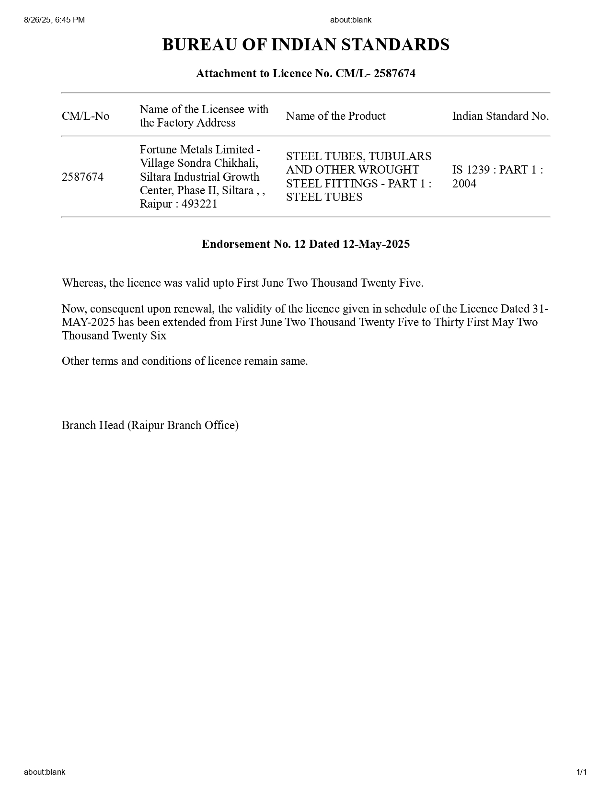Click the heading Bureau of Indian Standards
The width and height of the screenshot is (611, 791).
(x=305, y=45)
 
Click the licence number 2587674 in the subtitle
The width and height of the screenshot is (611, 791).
(x=394, y=73)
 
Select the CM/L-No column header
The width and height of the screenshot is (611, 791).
(x=85, y=116)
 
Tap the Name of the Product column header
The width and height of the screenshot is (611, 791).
(x=335, y=116)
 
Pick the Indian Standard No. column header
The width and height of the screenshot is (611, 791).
(x=500, y=116)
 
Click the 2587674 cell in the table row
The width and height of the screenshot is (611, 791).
(x=82, y=177)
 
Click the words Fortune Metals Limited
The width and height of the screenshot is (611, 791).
(x=196, y=150)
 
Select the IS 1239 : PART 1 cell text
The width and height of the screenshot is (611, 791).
(x=497, y=170)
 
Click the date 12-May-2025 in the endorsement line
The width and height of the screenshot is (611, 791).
(x=376, y=244)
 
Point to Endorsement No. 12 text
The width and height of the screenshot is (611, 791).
(x=253, y=244)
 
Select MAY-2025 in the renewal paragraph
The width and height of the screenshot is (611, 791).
(x=88, y=322)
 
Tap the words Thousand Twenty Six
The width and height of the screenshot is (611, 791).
(x=114, y=336)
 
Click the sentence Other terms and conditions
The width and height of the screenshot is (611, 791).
(x=184, y=361)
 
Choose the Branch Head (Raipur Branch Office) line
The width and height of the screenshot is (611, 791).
(x=150, y=425)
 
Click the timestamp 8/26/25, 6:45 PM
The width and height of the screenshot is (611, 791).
(x=54, y=20)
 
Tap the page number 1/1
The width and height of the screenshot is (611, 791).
(x=581, y=772)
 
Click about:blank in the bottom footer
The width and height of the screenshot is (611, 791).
(x=45, y=772)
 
